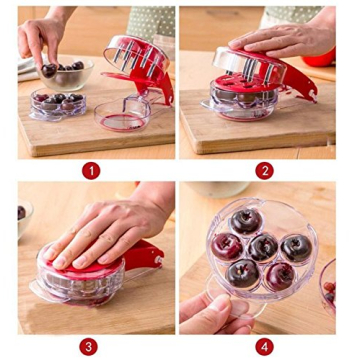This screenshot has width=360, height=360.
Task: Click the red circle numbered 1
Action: [x=91, y=171]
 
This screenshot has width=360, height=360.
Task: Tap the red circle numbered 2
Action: [x=265, y=171]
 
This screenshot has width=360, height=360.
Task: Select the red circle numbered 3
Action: [x=91, y=346]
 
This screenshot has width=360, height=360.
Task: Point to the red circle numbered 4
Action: [x=265, y=346]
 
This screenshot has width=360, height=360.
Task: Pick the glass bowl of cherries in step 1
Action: [x=72, y=72]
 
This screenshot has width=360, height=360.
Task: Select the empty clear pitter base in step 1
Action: [x=123, y=113]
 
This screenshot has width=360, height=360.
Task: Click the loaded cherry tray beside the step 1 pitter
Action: [x=58, y=103]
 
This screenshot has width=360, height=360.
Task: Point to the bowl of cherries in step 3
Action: [x=22, y=214]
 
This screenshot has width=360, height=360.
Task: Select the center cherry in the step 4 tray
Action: [x=263, y=246]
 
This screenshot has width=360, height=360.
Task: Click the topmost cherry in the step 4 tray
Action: [x=246, y=220]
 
